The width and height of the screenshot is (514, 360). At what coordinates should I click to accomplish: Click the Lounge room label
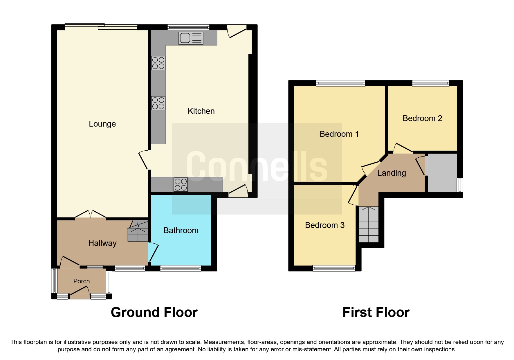pos(102,124)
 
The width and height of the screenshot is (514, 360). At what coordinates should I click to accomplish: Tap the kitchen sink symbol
pos(191,38)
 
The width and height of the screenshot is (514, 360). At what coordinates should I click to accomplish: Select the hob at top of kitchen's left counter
pos(158,63)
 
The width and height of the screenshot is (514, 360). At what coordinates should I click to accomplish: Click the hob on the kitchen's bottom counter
pos(181,185)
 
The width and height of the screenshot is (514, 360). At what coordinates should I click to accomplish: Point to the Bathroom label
pos(181,231)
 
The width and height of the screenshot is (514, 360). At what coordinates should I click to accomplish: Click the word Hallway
pos(102,243)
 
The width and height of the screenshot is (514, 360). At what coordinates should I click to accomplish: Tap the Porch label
pos(81,281)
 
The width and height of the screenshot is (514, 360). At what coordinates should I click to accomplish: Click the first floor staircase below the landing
pos(369,224)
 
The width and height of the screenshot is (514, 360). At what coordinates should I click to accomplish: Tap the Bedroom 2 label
pos(422,118)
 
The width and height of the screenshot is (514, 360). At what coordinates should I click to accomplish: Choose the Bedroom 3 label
pos(324,225)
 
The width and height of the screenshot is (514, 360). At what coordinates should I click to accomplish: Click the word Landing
pos(392,173)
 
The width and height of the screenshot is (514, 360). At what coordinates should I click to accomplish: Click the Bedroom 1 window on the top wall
pos(340,84)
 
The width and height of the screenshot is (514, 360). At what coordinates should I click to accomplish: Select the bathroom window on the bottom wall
pos(181,268)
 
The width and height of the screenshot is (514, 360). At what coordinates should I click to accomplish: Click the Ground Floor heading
pos(154,313)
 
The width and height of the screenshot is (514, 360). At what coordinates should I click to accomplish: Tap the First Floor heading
pos(376,313)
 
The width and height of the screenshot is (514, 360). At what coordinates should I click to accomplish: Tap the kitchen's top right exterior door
pos(237,31)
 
